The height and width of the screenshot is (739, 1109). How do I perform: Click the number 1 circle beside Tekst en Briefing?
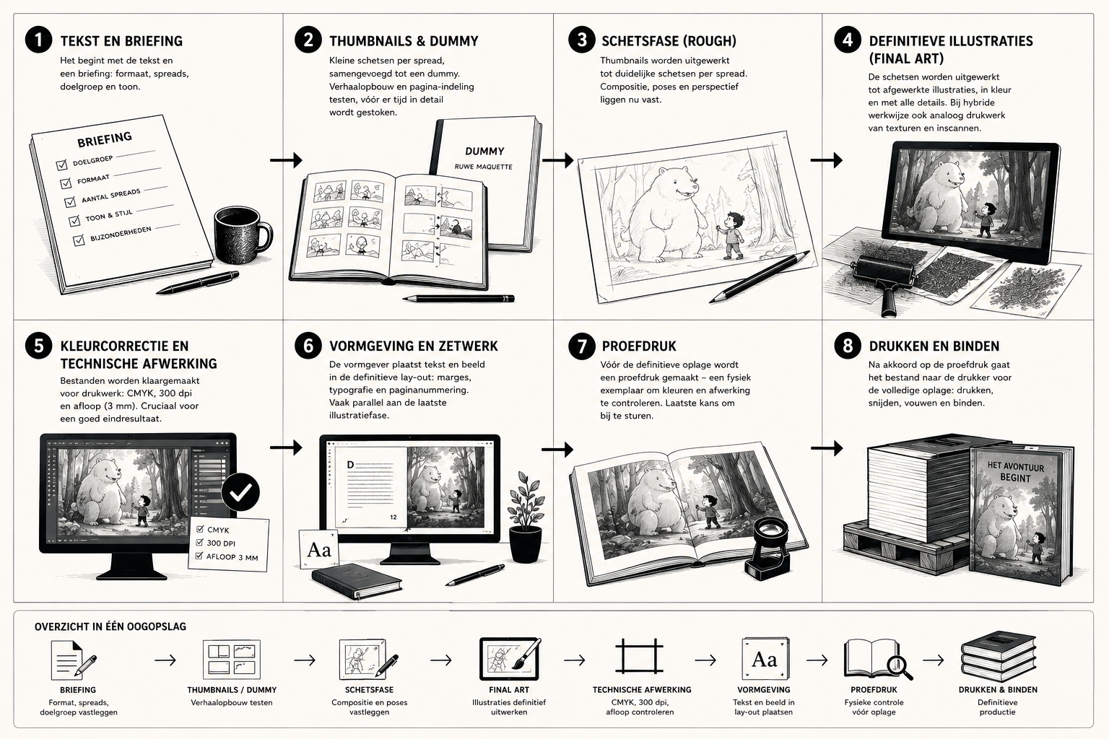click(38, 40)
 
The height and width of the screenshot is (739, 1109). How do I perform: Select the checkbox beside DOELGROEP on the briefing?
click(61, 165)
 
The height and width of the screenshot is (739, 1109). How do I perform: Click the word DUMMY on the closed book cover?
click(484, 152)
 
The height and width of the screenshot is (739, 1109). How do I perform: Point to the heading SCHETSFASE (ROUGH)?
click(669, 41)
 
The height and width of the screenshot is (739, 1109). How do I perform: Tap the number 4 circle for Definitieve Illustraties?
click(847, 40)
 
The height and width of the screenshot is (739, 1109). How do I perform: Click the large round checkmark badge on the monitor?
click(240, 492)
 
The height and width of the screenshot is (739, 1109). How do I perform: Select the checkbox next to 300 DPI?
click(200, 542)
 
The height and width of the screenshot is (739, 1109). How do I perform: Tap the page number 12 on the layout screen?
click(393, 517)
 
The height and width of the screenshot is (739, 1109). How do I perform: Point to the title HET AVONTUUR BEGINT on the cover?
click(1015, 472)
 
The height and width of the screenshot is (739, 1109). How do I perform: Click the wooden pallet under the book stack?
click(906, 548)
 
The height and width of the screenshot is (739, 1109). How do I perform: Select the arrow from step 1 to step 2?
click(286, 160)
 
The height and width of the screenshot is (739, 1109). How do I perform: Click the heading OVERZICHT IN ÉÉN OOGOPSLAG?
click(110, 626)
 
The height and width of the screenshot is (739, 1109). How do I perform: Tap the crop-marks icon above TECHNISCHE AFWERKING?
click(639, 657)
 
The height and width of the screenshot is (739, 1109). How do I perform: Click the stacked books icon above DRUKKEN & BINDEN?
click(998, 656)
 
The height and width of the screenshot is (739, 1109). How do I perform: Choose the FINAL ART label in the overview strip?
click(509, 689)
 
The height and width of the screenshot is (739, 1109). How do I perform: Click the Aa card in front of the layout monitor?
click(319, 549)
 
